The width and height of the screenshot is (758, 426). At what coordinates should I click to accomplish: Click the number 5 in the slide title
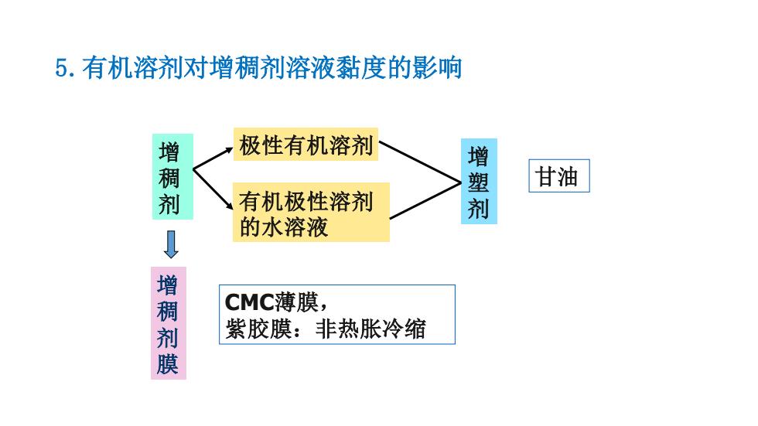pos(62,68)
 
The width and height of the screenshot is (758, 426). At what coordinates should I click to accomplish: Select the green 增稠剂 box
pos(172,177)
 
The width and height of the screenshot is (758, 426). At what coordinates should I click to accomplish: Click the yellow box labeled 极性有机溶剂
pos(306,145)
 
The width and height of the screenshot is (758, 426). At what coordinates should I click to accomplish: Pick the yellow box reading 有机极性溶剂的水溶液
pos(311,212)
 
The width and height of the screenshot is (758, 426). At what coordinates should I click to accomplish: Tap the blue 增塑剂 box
pos(479,182)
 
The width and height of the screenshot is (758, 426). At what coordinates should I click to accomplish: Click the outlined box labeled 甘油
pos(558,176)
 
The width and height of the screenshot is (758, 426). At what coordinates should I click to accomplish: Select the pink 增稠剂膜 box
pos(169,323)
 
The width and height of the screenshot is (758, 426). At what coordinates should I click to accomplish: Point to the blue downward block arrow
pos(171,244)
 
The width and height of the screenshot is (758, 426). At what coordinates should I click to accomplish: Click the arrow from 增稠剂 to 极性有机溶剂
pos(213,158)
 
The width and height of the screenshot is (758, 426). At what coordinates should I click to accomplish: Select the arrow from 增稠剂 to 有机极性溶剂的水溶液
pos(213,189)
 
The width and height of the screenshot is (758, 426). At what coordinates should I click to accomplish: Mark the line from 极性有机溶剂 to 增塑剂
pos(419,162)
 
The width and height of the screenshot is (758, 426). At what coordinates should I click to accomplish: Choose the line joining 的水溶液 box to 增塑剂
pos(425,200)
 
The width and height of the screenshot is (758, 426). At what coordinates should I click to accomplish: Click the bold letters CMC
pos(249,303)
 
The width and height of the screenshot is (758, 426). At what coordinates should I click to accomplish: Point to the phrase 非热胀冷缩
pos(370,329)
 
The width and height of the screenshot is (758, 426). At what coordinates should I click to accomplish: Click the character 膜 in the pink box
pos(167,364)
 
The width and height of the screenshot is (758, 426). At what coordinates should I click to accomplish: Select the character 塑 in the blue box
pos(478,182)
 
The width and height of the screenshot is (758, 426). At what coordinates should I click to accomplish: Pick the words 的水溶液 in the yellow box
pos(285,227)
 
